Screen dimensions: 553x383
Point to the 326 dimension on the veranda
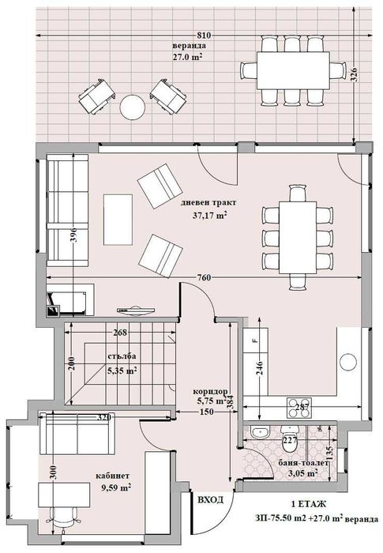[x=355, y=76]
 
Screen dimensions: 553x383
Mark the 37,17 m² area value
[x=209, y=214]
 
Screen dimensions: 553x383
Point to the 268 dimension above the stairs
[x=120, y=333]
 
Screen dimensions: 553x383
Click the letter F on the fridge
[x=254, y=341]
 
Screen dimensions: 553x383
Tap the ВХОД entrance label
[x=209, y=499]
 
